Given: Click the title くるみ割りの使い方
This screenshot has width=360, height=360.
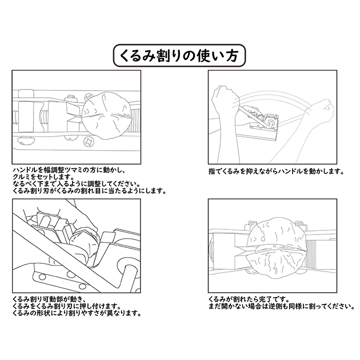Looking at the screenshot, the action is point(179,56).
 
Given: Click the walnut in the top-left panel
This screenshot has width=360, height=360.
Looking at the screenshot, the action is point(106,116).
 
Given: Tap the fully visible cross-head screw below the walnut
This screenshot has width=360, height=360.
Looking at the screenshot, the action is point(88,142).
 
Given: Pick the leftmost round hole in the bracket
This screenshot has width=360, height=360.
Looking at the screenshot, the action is point(42,277).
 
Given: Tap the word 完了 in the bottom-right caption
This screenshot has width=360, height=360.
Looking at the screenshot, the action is point(265,300).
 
